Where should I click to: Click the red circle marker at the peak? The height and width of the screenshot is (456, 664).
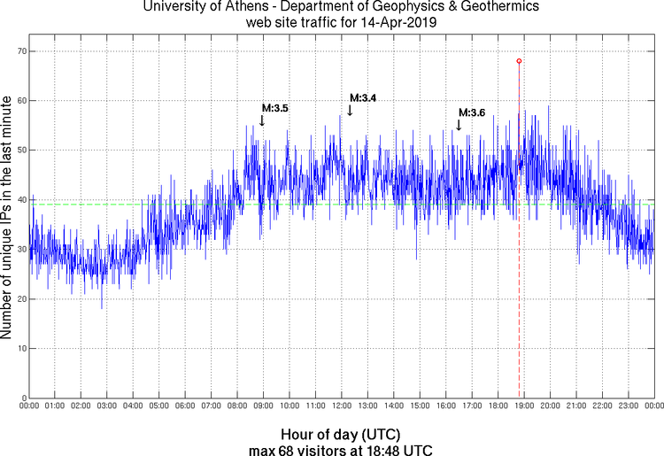pyautogui.click(x=519, y=60)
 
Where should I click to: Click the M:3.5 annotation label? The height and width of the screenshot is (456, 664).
pyautogui.click(x=275, y=108)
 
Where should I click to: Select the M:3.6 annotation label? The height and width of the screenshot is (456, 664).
pyautogui.click(x=472, y=112)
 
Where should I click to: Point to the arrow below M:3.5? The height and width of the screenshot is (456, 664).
pyautogui.click(x=262, y=120)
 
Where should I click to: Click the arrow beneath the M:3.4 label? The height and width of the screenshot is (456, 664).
pyautogui.click(x=351, y=110)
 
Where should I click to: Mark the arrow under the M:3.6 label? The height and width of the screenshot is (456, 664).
pyautogui.click(x=458, y=125)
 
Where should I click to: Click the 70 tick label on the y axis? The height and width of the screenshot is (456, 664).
pyautogui.click(x=19, y=51)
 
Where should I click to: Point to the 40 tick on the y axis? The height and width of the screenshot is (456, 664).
pyautogui.click(x=19, y=200)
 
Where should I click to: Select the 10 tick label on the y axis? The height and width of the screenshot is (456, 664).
pyautogui.click(x=19, y=349)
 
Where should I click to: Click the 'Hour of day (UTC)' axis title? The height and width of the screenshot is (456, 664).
pyautogui.click(x=340, y=436)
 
